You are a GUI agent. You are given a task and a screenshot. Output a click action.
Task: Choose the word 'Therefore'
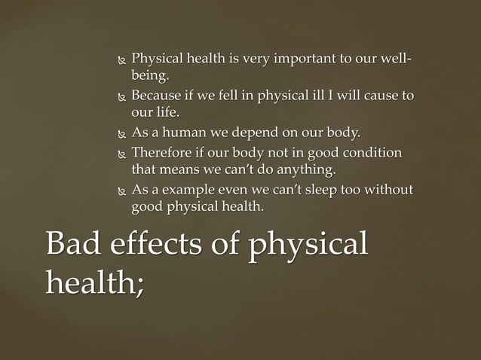161,152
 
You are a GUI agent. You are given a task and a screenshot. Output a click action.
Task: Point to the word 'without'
389,189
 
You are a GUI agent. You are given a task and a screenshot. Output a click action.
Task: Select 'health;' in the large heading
94,282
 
